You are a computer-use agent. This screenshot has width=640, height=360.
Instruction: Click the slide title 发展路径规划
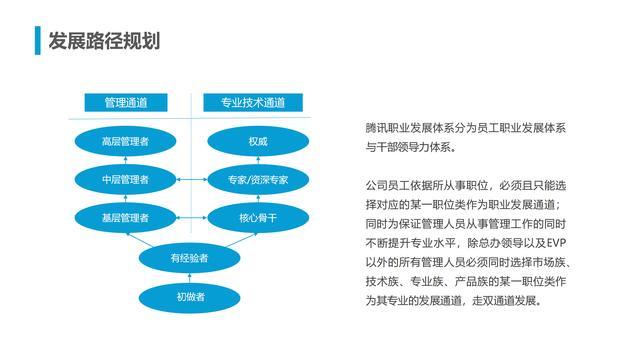point(103,40)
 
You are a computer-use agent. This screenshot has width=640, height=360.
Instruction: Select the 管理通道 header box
point(126,102)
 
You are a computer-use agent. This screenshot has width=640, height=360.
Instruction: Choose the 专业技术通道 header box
point(252,102)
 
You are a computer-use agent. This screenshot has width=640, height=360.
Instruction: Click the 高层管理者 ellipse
point(126,141)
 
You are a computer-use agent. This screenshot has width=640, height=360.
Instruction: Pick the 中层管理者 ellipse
point(126,179)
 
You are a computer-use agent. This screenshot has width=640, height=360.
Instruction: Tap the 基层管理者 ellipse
point(126,217)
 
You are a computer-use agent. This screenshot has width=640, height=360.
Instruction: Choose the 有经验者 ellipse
point(190,258)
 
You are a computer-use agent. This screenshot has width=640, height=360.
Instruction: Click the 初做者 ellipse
point(190,297)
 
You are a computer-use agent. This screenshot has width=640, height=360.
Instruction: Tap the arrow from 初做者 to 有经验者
point(190,278)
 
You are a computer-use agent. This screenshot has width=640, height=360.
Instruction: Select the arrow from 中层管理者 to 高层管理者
point(126,160)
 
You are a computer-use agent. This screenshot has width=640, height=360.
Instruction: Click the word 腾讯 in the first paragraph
point(377,130)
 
